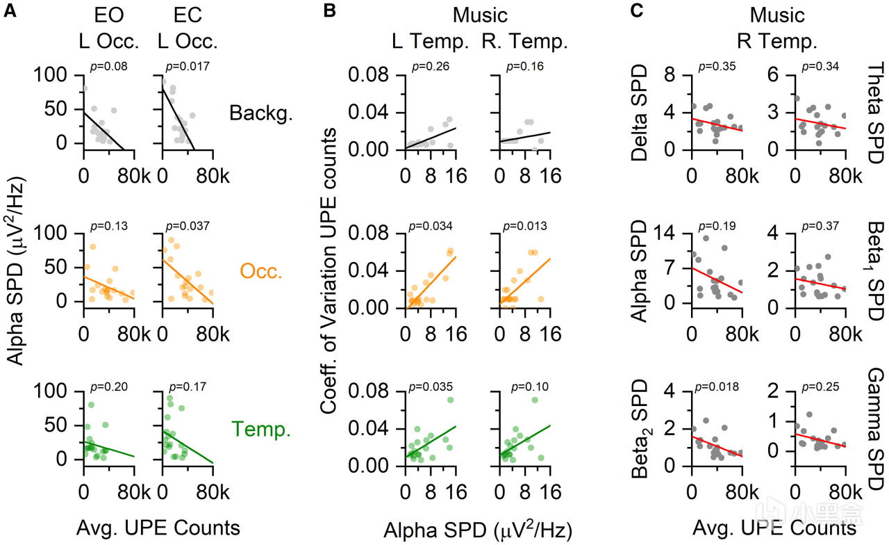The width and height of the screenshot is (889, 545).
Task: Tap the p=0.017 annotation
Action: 183,68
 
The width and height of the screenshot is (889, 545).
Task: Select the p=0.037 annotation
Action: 183,227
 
